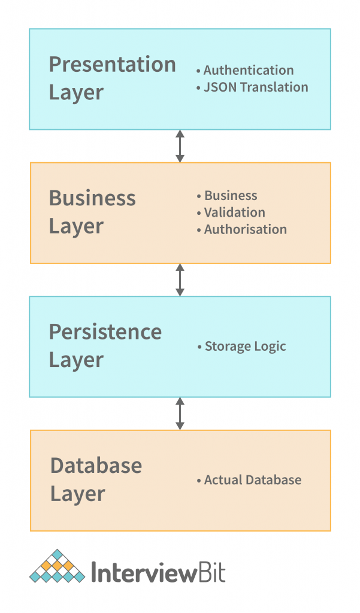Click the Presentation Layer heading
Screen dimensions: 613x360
click(x=112, y=78)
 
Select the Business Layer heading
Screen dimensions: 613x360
click(x=92, y=212)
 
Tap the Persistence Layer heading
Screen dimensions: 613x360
click(x=105, y=345)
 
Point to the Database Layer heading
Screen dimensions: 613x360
click(x=96, y=480)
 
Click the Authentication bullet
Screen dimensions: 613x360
click(x=248, y=71)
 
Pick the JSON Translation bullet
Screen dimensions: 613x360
click(x=255, y=87)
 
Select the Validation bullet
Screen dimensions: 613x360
click(x=234, y=213)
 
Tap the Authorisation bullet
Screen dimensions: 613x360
click(x=245, y=229)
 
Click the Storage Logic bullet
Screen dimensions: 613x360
click(x=245, y=346)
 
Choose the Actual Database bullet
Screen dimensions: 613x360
click(x=252, y=480)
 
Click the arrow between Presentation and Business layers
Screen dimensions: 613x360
click(x=180, y=146)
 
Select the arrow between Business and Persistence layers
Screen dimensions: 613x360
click(x=180, y=280)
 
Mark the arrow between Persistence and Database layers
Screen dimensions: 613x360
click(x=180, y=413)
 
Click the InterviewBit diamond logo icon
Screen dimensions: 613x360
click(x=57, y=566)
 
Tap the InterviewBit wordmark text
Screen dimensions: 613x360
click(x=158, y=572)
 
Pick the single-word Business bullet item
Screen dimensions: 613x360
click(x=231, y=196)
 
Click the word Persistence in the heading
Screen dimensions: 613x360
click(x=105, y=331)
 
